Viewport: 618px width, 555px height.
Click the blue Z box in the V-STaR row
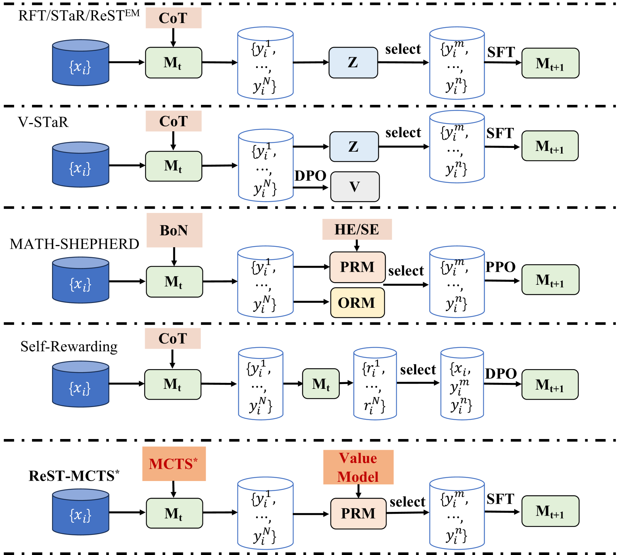tap(354, 146)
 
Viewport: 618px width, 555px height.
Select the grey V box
tap(355, 187)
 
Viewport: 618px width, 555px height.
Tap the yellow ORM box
tap(357, 303)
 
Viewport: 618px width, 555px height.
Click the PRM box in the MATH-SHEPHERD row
tap(357, 267)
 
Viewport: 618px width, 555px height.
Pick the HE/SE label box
tap(357, 229)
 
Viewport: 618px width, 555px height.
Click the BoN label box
tap(174, 230)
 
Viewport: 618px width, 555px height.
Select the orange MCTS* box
tap(174, 464)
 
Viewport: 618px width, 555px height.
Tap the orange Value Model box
tap(358, 467)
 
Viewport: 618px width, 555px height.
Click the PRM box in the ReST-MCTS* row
tap(358, 513)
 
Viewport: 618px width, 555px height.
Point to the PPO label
tap(500, 267)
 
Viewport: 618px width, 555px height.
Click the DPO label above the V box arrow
tap(310, 175)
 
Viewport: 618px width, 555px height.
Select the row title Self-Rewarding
tap(69, 346)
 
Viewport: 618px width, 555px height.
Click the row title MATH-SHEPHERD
tap(74, 244)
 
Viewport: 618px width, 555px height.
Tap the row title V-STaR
tap(43, 122)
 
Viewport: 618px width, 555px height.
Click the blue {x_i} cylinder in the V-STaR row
tap(80, 165)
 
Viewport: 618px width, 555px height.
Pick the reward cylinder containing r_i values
tap(375, 384)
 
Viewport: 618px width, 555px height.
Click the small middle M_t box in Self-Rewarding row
tap(321, 384)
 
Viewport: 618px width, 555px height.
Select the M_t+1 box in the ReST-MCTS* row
tap(550, 511)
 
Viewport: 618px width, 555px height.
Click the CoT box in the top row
tap(173, 18)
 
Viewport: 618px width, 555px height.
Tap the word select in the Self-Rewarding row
tap(418, 370)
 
